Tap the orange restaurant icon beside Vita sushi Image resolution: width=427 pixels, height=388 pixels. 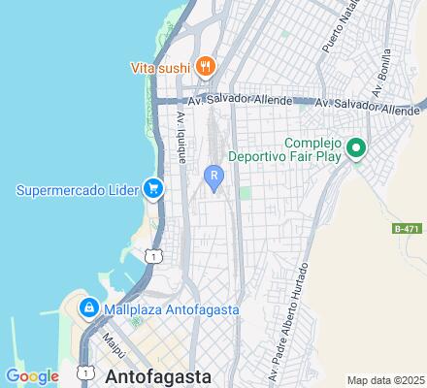[x=205, y=67]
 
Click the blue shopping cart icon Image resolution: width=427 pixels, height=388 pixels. [x=152, y=188]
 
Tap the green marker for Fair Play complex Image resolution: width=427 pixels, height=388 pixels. [x=356, y=147]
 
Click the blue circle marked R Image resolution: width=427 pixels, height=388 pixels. [x=214, y=175]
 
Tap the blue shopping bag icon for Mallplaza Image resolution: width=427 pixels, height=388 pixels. [x=88, y=308]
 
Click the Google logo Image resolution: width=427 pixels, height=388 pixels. [x=32, y=376]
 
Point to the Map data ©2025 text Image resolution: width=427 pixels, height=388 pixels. [x=386, y=379]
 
